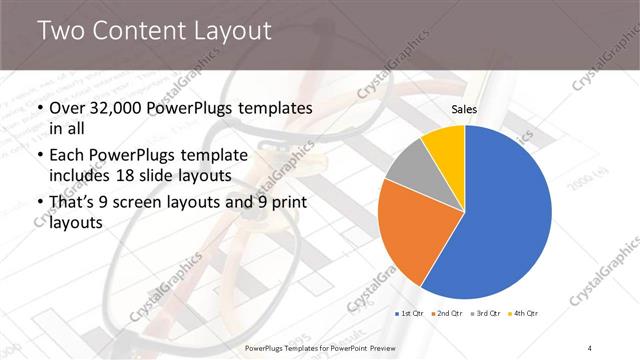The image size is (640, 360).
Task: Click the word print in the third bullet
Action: coord(285,203)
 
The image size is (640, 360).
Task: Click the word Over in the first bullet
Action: coord(67,107)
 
